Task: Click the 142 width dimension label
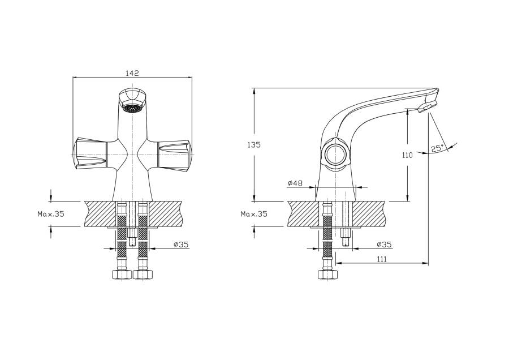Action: [132, 73]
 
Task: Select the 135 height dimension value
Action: [254, 145]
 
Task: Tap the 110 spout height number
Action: [407, 155]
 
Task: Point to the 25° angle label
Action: [437, 149]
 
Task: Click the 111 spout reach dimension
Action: [381, 259]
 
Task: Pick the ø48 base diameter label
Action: [295, 183]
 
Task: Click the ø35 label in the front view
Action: [180, 244]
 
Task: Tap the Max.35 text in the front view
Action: [51, 214]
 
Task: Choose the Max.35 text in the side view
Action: [254, 214]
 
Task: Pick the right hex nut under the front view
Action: [143, 275]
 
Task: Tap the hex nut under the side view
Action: [326, 275]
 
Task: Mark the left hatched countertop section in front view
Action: [100, 213]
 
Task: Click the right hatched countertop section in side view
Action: [370, 213]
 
